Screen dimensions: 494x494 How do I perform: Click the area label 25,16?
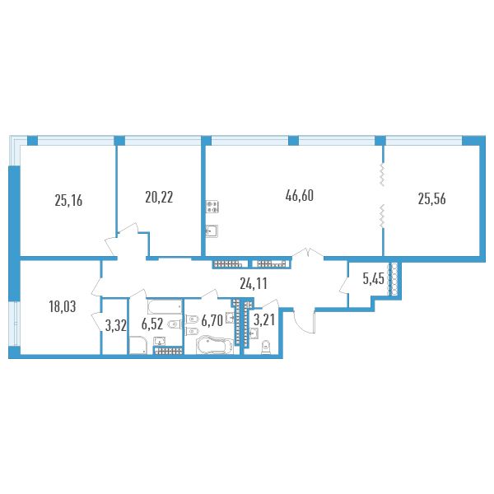click(68, 200)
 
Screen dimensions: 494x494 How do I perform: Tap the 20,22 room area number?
click(159, 198)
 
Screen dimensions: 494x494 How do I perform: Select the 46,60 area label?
click(300, 196)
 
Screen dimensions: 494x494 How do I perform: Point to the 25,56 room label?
click(432, 199)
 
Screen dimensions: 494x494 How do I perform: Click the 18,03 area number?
click(63, 306)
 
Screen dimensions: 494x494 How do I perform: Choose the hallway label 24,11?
click(254, 283)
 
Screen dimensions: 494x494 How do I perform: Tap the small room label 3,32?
click(115, 326)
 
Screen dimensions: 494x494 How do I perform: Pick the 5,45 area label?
click(373, 279)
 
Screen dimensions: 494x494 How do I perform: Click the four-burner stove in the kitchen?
click(212, 207)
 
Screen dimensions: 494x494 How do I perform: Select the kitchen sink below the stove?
click(212, 231)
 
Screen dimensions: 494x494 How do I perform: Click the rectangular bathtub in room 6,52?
click(165, 306)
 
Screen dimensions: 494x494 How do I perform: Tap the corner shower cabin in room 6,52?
click(138, 345)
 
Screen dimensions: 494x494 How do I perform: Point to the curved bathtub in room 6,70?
click(215, 346)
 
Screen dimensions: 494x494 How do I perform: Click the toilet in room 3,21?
click(267, 347)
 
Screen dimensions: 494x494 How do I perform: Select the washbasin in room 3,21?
click(254, 333)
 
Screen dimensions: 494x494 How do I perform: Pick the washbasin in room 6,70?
click(231, 318)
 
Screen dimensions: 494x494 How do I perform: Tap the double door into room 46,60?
click(308, 253)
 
